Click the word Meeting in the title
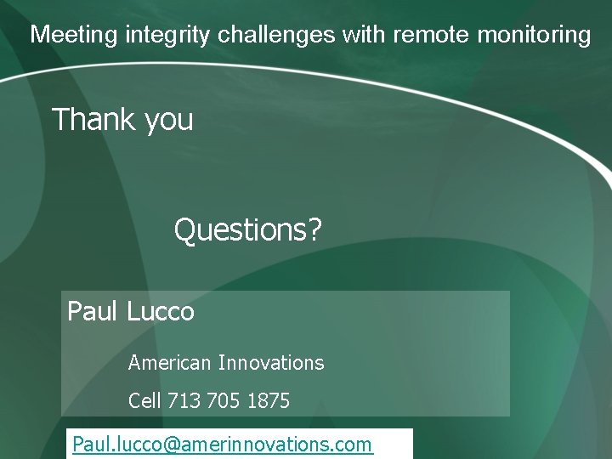[74, 35]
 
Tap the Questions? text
[247, 229]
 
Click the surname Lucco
[161, 311]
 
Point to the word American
[169, 363]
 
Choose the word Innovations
[271, 363]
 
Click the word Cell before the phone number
[144, 400]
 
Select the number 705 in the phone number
[224, 400]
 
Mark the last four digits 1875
[269, 400]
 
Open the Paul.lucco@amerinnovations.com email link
[222, 445]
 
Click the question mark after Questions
[315, 229]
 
